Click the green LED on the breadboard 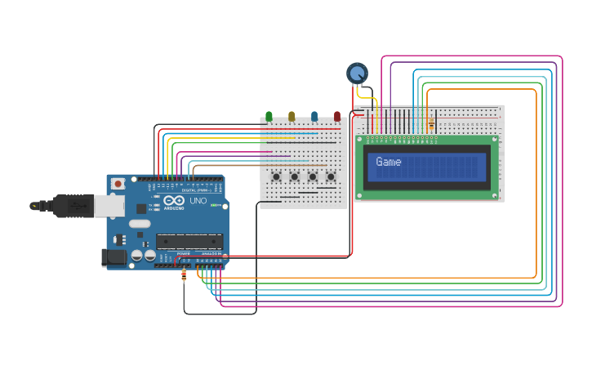(269, 117)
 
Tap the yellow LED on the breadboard (292, 117)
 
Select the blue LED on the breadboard (314, 117)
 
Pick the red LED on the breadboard (337, 117)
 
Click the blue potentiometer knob (357, 74)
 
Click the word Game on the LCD (389, 162)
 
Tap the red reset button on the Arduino (118, 184)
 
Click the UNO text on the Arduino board (198, 201)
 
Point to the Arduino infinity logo (175, 201)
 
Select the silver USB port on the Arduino (109, 205)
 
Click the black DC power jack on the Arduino (114, 258)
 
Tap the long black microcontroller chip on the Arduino (189, 241)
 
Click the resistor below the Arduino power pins (184, 276)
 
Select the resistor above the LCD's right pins (431, 124)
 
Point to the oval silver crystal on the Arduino (140, 224)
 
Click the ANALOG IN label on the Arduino (211, 254)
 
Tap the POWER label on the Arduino (183, 254)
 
